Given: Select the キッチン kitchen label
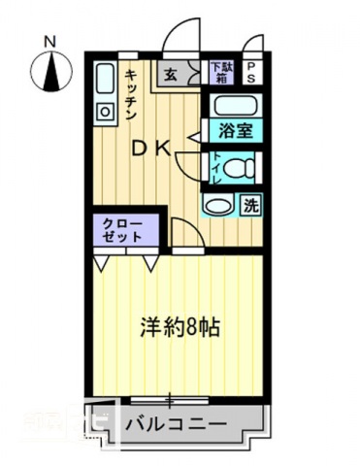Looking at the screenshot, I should (x=130, y=93).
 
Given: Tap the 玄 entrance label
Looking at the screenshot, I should (x=171, y=74).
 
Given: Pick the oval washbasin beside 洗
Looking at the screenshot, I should (x=218, y=205).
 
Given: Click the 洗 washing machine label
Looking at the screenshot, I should (x=249, y=205).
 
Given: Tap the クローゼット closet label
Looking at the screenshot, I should (x=123, y=229).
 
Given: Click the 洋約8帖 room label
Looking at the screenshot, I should (x=180, y=327).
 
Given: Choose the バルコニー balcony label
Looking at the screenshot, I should (x=177, y=425).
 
